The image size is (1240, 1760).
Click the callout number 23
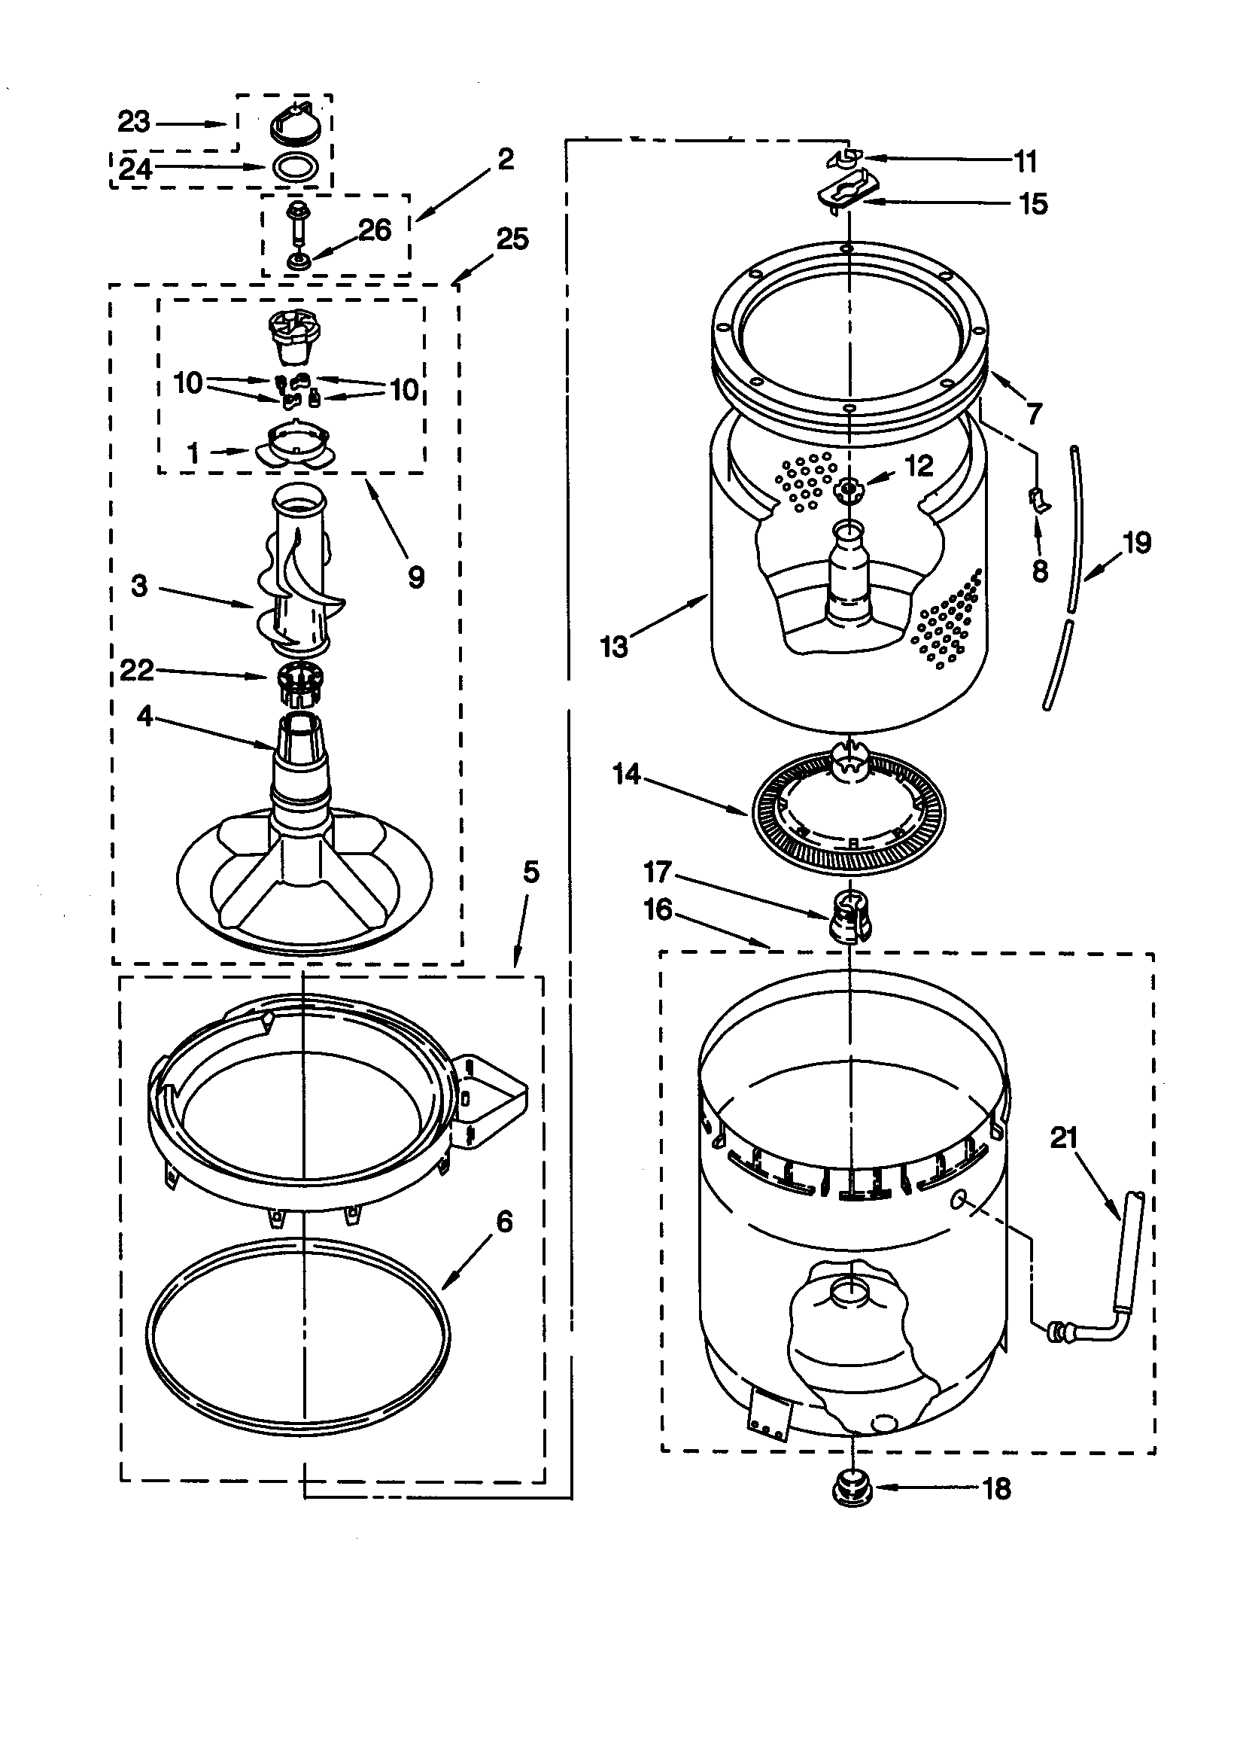(134, 122)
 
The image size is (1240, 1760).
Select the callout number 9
(416, 577)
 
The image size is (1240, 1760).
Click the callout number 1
(193, 453)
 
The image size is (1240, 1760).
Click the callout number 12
(919, 465)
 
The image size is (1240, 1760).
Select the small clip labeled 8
(1039, 501)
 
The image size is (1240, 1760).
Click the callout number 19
(1136, 543)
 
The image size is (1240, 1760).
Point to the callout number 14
(626, 774)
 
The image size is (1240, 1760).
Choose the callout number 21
(1064, 1137)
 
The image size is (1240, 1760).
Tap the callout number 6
(504, 1222)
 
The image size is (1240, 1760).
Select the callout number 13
(613, 647)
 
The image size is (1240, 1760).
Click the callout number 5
(531, 872)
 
